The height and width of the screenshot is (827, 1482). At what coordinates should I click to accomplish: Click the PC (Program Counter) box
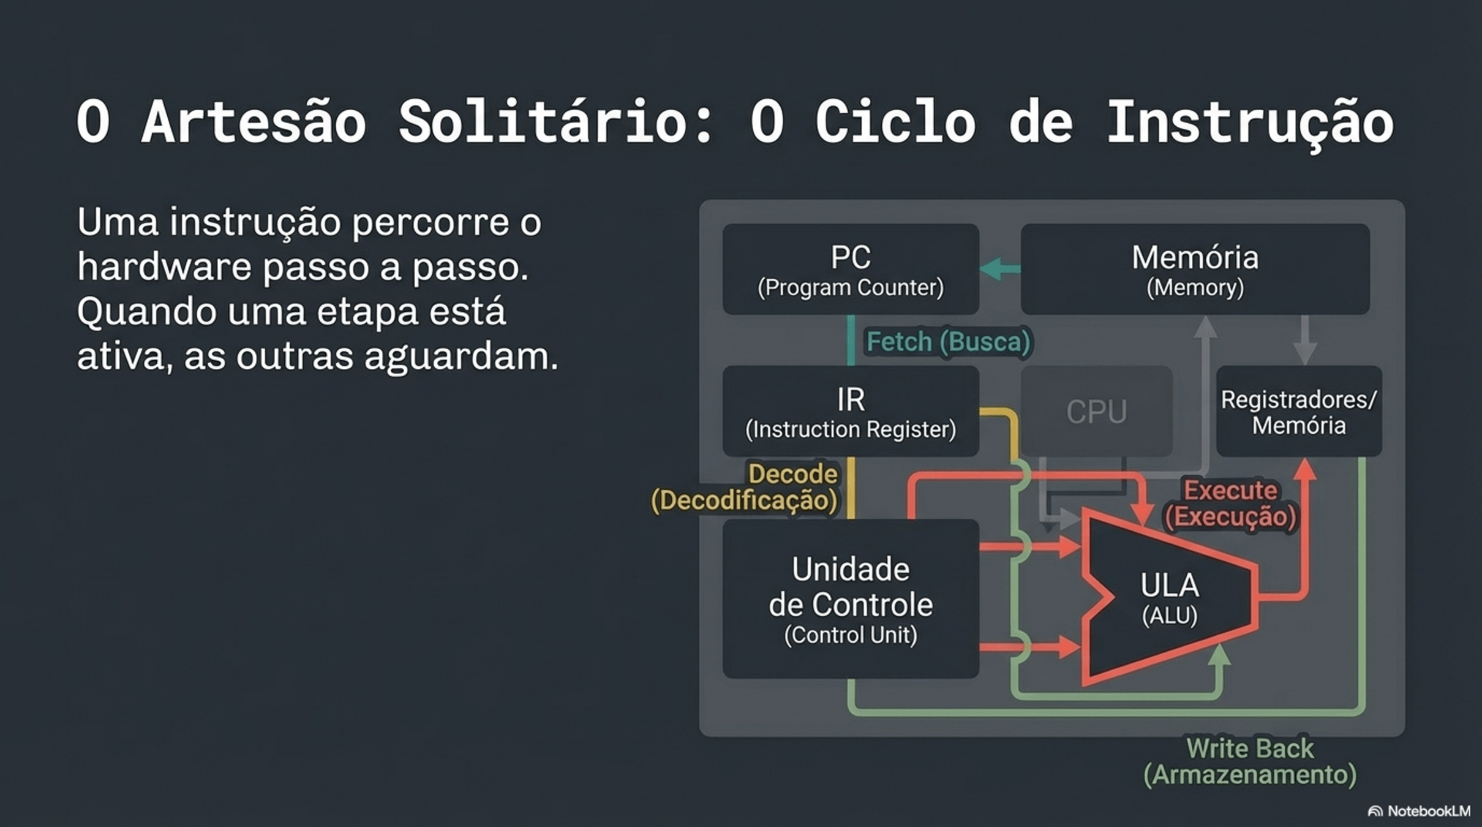point(850,270)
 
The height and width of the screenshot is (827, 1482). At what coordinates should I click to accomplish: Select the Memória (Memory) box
point(1194,270)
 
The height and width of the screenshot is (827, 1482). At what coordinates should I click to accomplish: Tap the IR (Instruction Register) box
point(850,412)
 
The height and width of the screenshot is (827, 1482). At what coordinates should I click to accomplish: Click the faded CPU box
point(1096,412)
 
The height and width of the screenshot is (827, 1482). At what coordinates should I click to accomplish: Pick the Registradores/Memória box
point(1298,412)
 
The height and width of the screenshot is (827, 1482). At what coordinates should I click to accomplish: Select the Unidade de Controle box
point(850,599)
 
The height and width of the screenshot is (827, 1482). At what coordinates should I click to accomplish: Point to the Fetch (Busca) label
point(948,342)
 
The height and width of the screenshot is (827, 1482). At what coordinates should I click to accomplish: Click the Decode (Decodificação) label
point(745,488)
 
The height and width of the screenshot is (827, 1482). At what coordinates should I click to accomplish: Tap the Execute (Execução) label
point(1231,504)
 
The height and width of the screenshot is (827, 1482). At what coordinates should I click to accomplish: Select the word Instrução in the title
point(1249,123)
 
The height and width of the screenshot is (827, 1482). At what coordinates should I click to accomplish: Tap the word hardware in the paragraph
point(164,267)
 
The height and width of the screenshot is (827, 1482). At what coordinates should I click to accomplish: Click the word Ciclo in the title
point(895,123)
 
